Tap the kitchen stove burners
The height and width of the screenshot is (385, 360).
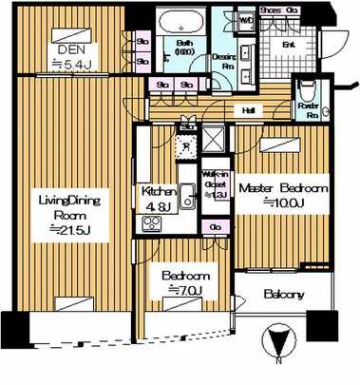[x=151, y=226]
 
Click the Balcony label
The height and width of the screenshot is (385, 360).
[x=284, y=295]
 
